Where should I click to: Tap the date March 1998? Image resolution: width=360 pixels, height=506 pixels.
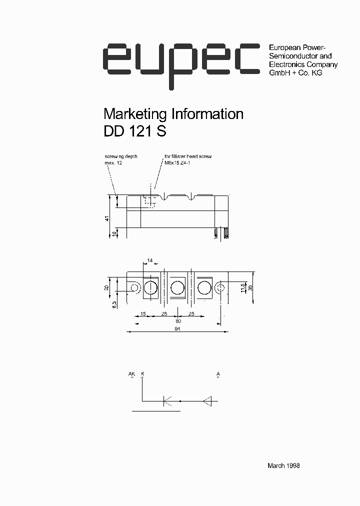[x=283, y=465]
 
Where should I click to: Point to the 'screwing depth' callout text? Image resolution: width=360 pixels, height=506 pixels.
[x=121, y=156]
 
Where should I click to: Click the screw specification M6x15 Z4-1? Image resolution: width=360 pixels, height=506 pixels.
[x=180, y=163]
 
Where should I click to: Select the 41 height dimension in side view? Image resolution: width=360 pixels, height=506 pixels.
[x=107, y=218]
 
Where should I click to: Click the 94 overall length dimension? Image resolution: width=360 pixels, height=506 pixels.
[x=177, y=329]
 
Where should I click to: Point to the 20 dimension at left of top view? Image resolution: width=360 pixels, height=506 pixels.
[x=107, y=287]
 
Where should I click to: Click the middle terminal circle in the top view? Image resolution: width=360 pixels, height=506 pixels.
[x=177, y=288]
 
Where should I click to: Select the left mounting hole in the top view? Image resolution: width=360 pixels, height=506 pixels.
[x=134, y=288]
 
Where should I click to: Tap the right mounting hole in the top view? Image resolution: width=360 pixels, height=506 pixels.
[x=221, y=288]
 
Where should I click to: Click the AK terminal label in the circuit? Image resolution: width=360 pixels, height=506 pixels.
[x=131, y=374]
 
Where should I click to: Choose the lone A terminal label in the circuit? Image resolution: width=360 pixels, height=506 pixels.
[x=218, y=374]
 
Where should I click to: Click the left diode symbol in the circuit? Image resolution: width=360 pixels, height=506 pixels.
[x=167, y=400]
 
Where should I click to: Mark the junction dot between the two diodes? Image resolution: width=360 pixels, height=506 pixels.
[x=180, y=400]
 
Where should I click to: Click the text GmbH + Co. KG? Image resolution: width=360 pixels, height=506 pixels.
[x=295, y=73]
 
